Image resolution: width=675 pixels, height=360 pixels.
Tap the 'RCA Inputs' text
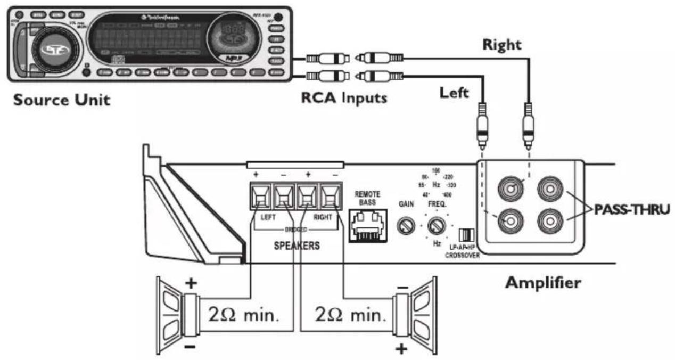click(x=343, y=98)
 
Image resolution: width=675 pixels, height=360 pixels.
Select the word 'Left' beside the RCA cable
click(x=454, y=93)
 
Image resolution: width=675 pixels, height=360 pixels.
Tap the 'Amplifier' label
click(x=542, y=282)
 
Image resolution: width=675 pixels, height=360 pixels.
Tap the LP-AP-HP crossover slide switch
click(x=466, y=235)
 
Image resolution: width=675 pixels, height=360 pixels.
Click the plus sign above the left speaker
click(x=190, y=282)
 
